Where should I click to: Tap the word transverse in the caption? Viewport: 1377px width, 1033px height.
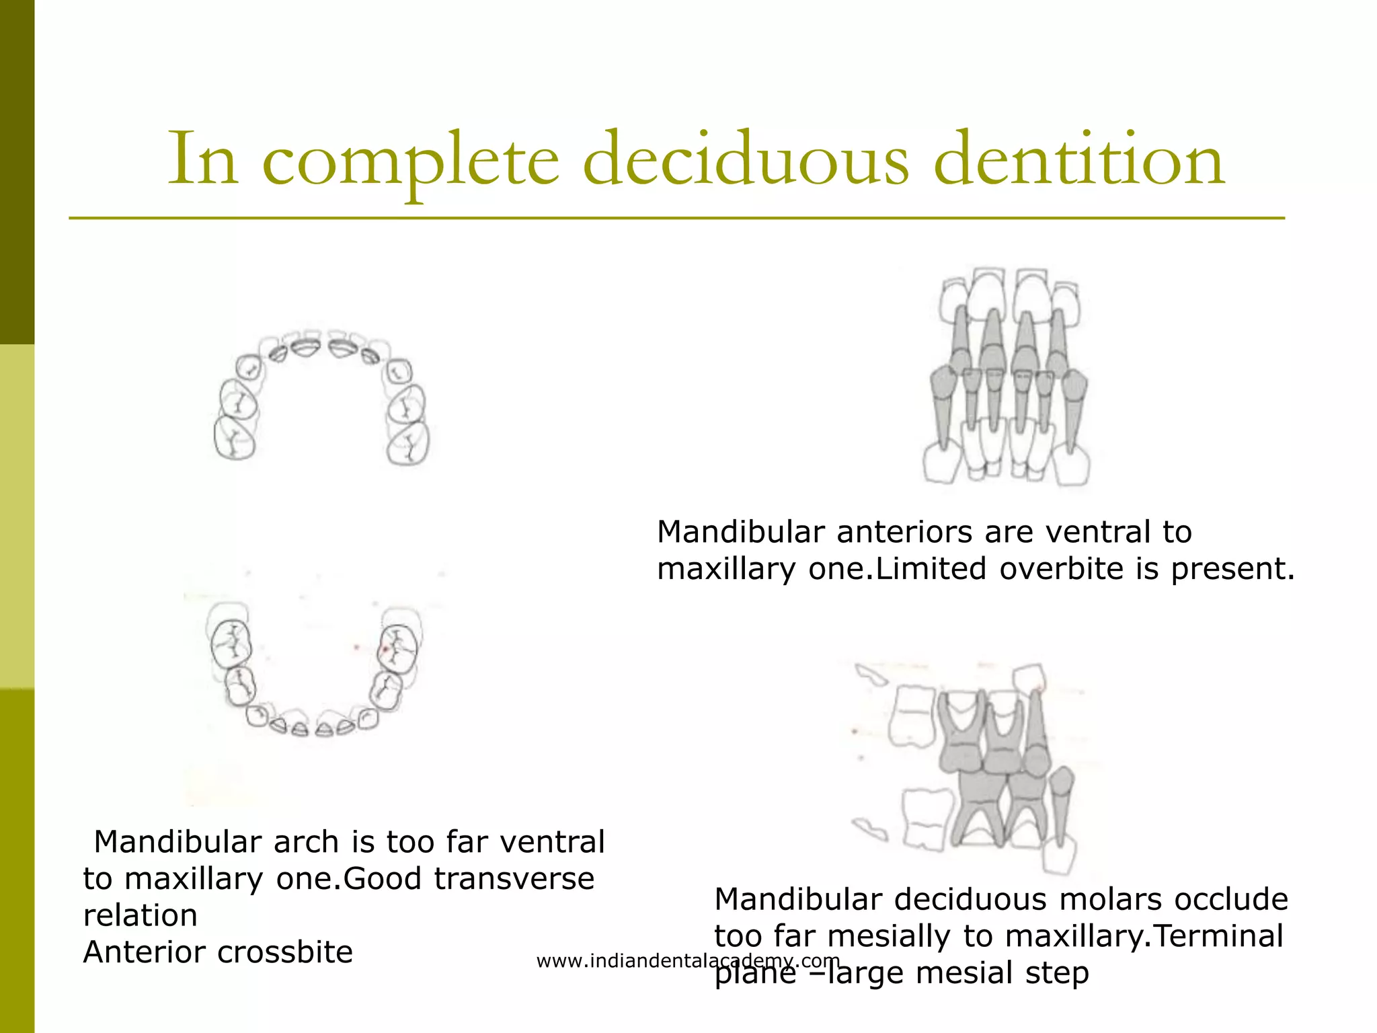tap(514, 879)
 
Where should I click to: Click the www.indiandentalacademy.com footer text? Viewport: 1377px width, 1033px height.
tap(688, 961)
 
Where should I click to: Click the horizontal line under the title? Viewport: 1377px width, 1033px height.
tap(676, 219)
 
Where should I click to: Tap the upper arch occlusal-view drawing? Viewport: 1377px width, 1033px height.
tap(321, 397)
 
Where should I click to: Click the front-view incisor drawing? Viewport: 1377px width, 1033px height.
tap(1007, 377)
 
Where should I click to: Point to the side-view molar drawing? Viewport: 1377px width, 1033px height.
tap(975, 767)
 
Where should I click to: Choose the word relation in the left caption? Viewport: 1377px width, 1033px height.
tap(141, 916)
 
